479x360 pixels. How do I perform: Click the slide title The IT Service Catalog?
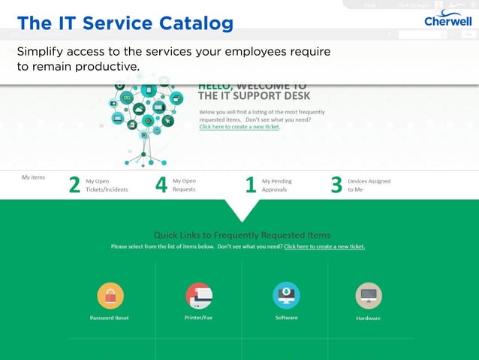point(125,23)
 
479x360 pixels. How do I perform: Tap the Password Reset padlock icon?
point(110,295)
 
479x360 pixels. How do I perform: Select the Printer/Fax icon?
point(198,295)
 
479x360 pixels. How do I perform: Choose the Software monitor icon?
point(286,295)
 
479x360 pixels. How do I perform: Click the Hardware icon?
point(368,295)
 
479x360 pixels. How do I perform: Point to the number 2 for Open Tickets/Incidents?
point(74,185)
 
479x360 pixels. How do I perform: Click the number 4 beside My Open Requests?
point(161,185)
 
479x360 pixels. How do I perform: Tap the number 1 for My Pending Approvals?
point(251,185)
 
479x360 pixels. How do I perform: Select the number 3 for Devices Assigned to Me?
point(336,185)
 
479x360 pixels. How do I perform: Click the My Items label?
point(33,177)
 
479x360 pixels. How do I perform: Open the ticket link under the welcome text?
point(239,127)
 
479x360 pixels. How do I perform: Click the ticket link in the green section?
point(324,247)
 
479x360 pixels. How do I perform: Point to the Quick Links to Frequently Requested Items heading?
point(242,235)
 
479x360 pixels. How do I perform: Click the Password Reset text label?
point(110,318)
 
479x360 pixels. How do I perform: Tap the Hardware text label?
point(368,318)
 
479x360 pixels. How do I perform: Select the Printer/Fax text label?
point(198,317)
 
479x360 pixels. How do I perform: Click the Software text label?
point(286,317)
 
